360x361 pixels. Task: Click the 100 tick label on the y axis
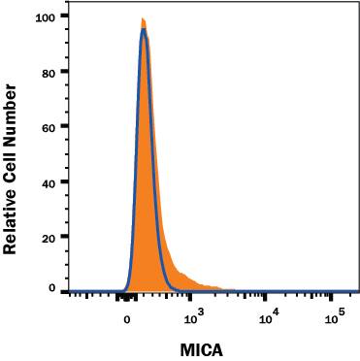[46, 16]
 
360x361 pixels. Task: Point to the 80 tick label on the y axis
[49, 71]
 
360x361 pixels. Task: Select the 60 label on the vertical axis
[49, 126]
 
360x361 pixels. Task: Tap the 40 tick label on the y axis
[49, 180]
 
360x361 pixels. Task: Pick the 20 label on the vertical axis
[49, 236]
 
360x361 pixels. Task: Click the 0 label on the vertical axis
[52, 289]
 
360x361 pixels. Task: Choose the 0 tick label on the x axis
[127, 314]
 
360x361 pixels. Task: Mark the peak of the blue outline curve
[144, 29]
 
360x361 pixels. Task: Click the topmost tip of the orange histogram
[143, 17]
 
